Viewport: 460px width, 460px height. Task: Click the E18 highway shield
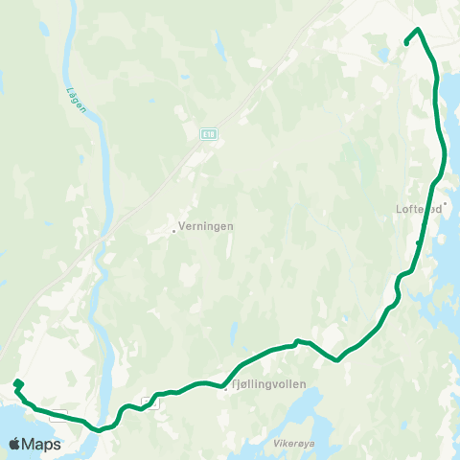[208, 134]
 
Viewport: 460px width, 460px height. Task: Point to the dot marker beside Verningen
[173, 230]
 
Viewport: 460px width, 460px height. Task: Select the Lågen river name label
[78, 96]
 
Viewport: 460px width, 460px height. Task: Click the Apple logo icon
[15, 444]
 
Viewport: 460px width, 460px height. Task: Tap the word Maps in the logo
[41, 444]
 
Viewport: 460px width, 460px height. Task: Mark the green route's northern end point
[407, 43]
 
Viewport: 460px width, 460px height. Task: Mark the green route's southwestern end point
[16, 384]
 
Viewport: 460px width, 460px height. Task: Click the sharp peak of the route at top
[420, 30]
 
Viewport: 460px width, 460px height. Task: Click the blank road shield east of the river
[149, 402]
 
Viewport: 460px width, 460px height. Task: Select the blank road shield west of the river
[59, 416]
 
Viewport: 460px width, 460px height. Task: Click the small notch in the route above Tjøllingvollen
[297, 340]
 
